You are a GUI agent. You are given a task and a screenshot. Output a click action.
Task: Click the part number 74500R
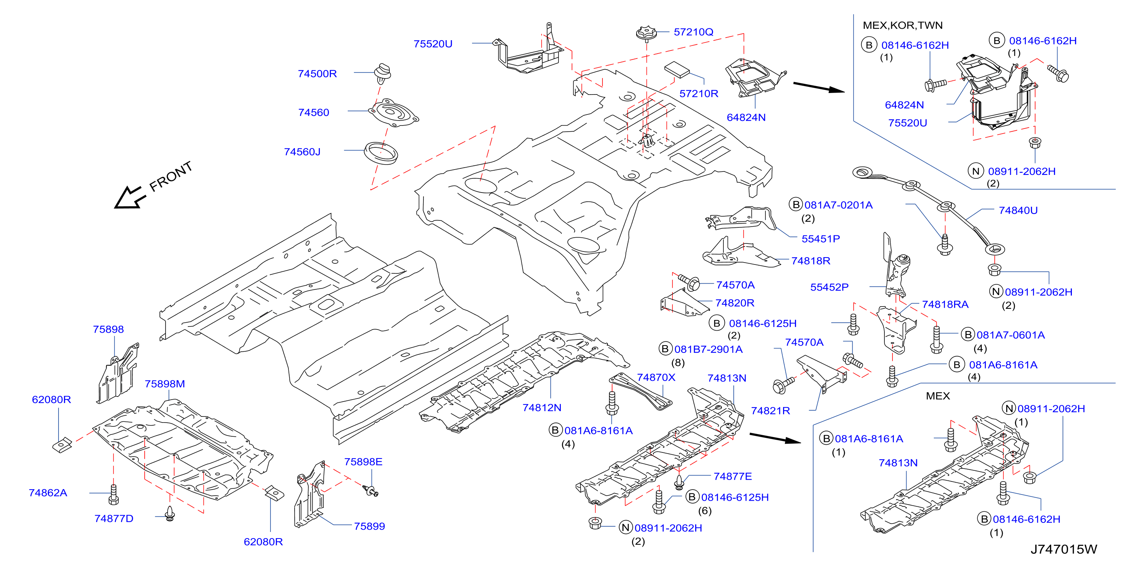317,73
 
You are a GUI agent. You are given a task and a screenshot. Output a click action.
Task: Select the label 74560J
302,152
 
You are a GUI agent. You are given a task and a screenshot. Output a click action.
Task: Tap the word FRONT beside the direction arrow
171,176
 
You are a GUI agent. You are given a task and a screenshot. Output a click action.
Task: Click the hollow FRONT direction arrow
130,197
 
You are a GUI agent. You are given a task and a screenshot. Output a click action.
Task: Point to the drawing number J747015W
1063,549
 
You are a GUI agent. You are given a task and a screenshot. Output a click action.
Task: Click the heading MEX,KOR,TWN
902,25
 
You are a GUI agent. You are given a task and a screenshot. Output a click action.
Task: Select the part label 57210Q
693,32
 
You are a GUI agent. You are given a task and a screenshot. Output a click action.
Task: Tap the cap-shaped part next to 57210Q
646,33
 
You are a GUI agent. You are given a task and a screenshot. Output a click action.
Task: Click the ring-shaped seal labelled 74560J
381,153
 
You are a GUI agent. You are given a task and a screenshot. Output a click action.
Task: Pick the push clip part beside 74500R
383,73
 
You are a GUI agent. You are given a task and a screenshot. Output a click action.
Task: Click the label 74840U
1018,211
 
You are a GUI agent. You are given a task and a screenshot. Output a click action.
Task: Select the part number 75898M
164,384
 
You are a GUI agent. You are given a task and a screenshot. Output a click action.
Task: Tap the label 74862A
48,493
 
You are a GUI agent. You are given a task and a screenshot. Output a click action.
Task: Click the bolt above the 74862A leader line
114,495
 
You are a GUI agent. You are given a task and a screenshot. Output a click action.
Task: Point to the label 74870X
656,378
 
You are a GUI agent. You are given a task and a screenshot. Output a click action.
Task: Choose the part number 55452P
829,287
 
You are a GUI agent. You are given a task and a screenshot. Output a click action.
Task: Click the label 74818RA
945,305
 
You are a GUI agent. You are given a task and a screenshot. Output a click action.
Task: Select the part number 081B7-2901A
708,349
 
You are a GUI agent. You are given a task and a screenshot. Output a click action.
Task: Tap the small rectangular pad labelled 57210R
676,70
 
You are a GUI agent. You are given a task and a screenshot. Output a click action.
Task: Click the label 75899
369,527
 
